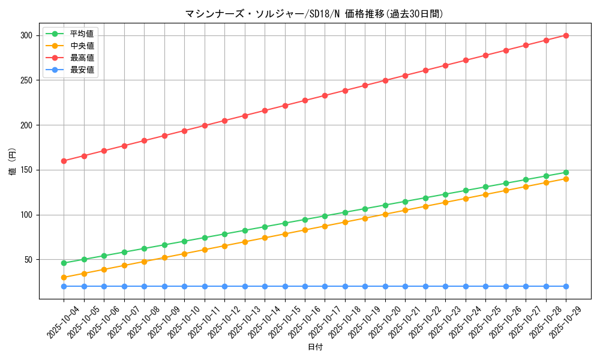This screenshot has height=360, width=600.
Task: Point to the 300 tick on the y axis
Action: [x=26, y=35]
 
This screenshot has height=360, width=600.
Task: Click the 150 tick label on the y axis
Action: [x=26, y=170]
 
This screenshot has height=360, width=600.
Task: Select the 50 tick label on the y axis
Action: [x=28, y=260]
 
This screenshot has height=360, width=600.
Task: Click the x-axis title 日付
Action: [x=315, y=347]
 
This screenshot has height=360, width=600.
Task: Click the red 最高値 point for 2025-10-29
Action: [x=566, y=35]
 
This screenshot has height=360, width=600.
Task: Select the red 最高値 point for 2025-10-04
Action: [x=64, y=161]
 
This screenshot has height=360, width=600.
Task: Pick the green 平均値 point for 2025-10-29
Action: [x=566, y=172]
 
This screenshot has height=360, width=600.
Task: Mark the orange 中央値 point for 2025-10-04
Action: [x=64, y=277]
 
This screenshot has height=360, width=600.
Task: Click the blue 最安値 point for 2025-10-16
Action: [x=305, y=286]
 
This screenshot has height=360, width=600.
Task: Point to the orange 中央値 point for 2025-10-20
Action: [x=385, y=214]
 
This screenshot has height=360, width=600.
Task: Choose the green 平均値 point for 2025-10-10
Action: [x=184, y=241]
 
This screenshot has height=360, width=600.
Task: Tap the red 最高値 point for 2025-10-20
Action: [x=385, y=80]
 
